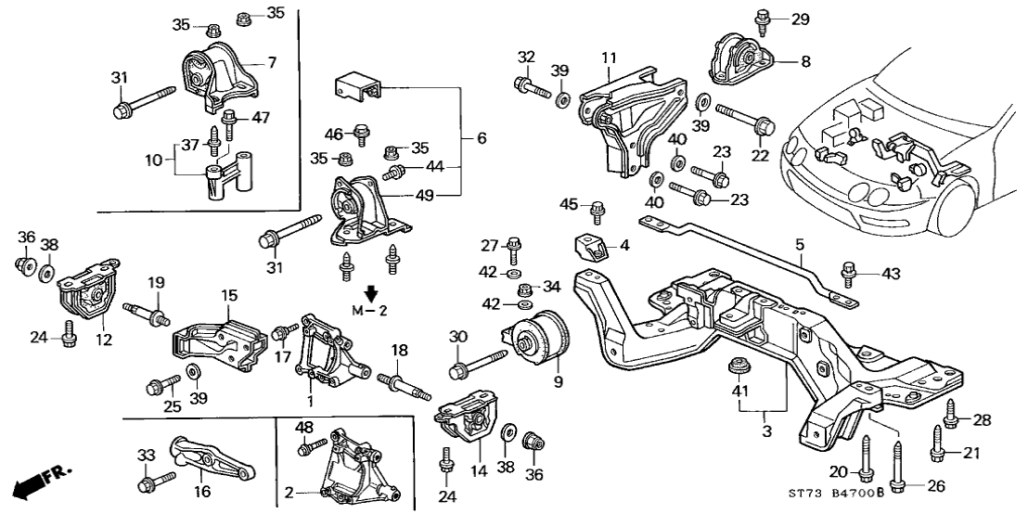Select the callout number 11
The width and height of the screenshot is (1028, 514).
pyautogui.click(x=609, y=58)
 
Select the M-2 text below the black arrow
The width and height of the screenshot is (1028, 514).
pyautogui.click(x=370, y=309)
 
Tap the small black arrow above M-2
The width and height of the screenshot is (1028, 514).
pyautogui.click(x=370, y=293)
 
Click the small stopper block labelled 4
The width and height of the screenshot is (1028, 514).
pyautogui.click(x=590, y=247)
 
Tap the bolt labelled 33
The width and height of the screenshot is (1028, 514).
pyautogui.click(x=154, y=481)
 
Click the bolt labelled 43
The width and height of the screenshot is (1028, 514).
pyautogui.click(x=847, y=272)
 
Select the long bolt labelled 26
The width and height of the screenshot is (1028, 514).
pyautogui.click(x=896, y=464)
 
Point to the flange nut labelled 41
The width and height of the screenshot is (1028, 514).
pyautogui.click(x=739, y=364)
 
